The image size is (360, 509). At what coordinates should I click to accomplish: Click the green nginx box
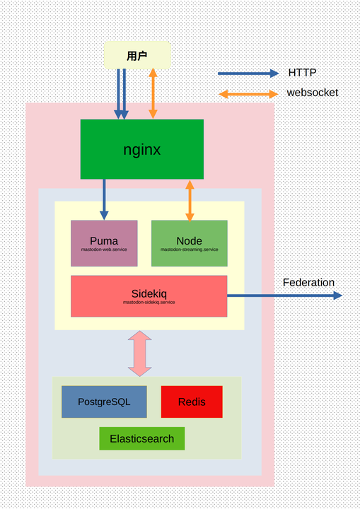coord(141,149)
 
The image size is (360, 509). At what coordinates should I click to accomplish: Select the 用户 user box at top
coord(137,55)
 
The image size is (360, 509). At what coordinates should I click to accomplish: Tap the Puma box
coord(104,243)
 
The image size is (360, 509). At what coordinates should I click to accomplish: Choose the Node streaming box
coord(189,243)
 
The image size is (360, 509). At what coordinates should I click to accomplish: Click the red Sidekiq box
coord(149,296)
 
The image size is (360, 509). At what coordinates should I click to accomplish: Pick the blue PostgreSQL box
coord(104,402)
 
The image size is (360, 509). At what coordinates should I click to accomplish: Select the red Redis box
coord(192,402)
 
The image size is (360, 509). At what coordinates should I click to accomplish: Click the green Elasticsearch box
coord(141,438)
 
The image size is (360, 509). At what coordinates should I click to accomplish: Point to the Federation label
coord(308,283)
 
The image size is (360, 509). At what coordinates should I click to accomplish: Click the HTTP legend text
coord(302,73)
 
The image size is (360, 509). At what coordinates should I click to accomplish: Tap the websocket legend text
coord(312,93)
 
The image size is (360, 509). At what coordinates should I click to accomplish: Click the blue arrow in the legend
coord(248,74)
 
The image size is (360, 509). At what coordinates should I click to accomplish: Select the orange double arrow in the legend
coord(248,93)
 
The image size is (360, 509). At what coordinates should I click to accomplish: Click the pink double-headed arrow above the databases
coord(139,353)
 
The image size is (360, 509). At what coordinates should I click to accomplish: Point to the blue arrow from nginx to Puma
coord(104,198)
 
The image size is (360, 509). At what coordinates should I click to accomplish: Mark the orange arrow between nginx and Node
coord(189,200)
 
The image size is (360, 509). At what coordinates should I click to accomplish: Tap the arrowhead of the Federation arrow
coord(337,295)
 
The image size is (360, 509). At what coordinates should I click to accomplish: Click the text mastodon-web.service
coord(104,250)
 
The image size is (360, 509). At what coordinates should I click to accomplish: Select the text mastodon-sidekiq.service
coord(149,303)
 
